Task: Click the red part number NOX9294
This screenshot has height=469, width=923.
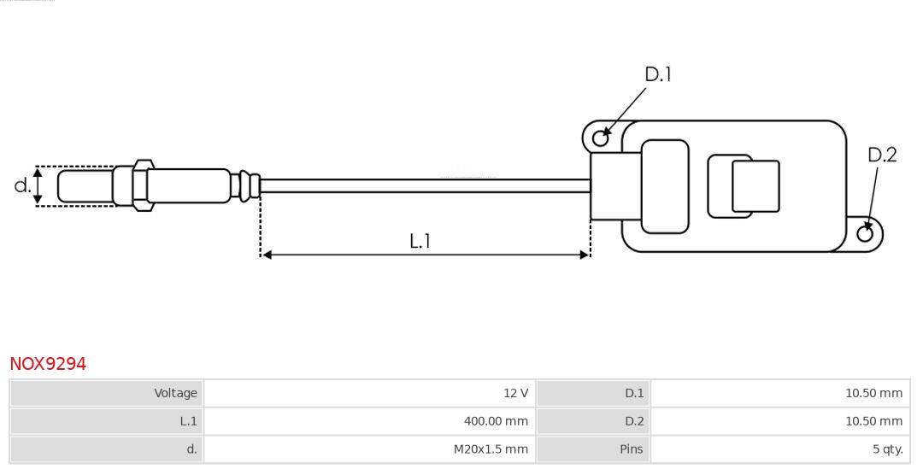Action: tap(48, 364)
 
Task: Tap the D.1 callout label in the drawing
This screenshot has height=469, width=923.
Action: tap(657, 75)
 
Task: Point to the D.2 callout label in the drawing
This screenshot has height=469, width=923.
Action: tap(882, 155)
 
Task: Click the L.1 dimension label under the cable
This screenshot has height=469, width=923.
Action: tap(420, 242)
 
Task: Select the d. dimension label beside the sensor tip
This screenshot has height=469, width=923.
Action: tap(22, 185)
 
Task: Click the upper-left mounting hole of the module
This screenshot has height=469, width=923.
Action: tap(601, 137)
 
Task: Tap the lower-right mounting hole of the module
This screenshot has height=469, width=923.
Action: tap(865, 233)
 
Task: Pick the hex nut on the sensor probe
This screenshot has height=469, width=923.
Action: tap(143, 184)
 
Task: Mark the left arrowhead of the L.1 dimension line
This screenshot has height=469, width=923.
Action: tap(266, 255)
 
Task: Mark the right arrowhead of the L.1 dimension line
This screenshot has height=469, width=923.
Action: tap(585, 255)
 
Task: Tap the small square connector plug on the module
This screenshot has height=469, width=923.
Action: tap(755, 186)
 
